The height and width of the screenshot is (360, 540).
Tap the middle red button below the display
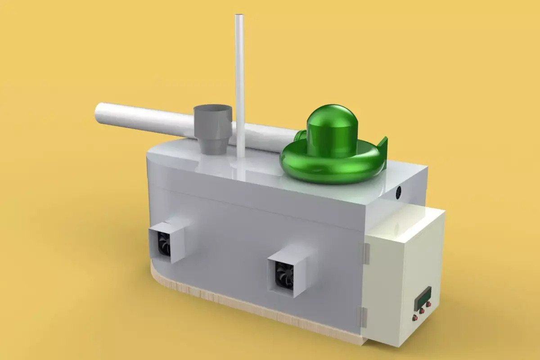point(422,310)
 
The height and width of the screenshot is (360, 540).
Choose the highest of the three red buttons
point(428,304)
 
